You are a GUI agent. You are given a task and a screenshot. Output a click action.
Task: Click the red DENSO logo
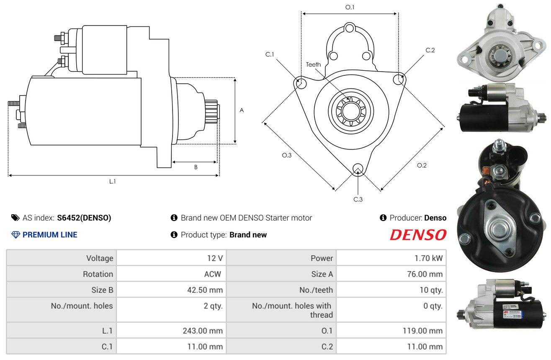[x=418, y=235]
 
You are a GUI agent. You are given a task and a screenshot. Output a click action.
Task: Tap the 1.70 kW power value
[x=428, y=258]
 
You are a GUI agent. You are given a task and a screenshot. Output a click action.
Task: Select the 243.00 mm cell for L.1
[x=203, y=331]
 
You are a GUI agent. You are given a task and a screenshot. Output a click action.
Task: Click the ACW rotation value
[x=213, y=274]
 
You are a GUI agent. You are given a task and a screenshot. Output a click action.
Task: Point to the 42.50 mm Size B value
[x=205, y=290]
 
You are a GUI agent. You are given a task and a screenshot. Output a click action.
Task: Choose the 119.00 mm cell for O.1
[x=422, y=331]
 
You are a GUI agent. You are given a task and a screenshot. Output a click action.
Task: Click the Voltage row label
[x=100, y=258]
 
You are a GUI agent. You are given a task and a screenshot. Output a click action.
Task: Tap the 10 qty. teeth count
[x=431, y=290]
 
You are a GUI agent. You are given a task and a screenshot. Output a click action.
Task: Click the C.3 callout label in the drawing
[x=358, y=199]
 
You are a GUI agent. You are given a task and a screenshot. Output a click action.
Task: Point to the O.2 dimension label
[x=422, y=165]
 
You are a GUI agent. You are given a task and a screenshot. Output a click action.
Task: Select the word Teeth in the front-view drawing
[x=313, y=64]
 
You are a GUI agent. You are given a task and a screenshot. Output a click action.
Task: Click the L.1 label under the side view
[x=112, y=182]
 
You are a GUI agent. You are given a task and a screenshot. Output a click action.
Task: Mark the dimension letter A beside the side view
[x=242, y=110]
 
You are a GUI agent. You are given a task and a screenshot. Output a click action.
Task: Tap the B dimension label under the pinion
[x=196, y=167]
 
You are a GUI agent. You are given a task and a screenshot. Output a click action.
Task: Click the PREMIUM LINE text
[x=50, y=235]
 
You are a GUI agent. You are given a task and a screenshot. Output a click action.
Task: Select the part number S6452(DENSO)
[x=84, y=218]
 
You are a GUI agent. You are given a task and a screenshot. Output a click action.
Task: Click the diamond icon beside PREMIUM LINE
[x=16, y=235]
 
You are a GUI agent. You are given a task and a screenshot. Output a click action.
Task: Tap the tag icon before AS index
[x=15, y=218]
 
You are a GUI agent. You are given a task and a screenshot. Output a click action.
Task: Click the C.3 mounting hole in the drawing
[x=358, y=169]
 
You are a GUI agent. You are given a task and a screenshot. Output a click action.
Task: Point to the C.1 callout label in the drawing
[x=270, y=54]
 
